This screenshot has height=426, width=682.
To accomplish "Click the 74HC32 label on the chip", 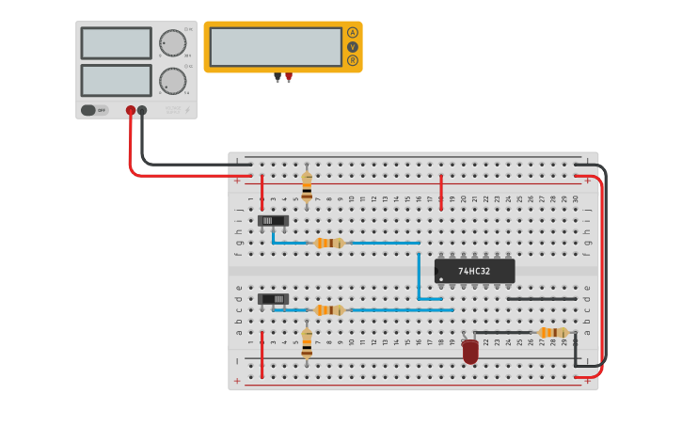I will (x=474, y=272).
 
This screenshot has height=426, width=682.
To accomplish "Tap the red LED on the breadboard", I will (x=470, y=352).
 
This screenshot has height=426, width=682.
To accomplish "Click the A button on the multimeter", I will (x=353, y=32).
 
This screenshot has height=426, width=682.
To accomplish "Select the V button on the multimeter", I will (x=353, y=46).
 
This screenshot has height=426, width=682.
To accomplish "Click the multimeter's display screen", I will (x=276, y=46).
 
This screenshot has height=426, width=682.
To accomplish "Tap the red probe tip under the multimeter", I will (x=289, y=78).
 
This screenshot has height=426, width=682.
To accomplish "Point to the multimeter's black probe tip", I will (x=278, y=78).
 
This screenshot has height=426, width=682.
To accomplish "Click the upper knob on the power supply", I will (x=172, y=43).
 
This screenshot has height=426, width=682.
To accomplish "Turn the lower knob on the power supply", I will (x=172, y=81).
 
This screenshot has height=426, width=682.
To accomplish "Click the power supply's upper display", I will (x=116, y=43).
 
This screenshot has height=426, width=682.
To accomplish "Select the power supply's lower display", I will (x=116, y=80).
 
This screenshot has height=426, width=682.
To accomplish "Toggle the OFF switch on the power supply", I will (x=94, y=110).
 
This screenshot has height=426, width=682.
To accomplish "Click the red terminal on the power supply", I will (x=131, y=110).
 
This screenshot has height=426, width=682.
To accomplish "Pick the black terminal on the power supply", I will (x=142, y=110).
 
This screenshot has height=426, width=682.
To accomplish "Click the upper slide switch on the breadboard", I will (x=273, y=221).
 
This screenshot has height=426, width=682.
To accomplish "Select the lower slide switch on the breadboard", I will (x=273, y=299).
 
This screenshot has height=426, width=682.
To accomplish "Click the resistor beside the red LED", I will (x=552, y=332).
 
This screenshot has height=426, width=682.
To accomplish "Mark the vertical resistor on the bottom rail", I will (x=307, y=342).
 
